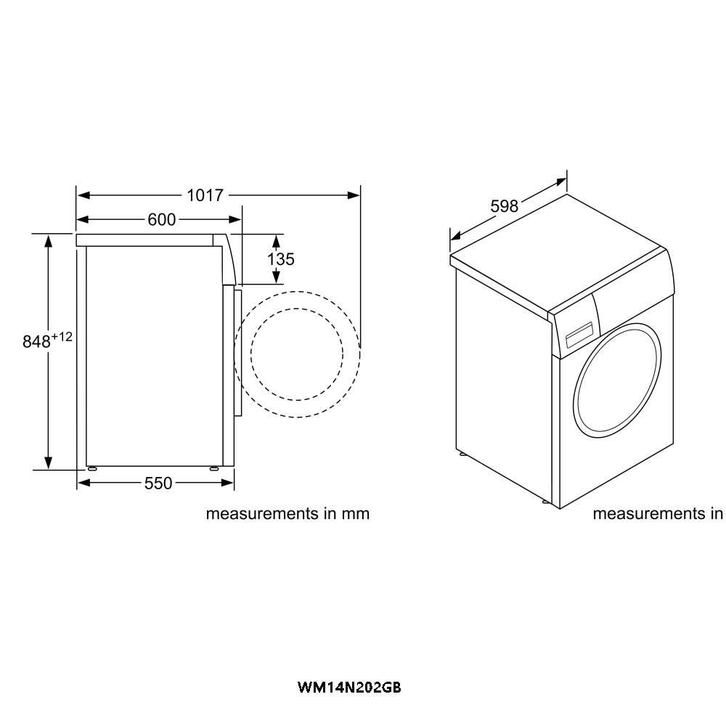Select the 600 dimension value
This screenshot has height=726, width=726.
pos(161,219)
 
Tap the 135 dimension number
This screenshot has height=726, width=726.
pos(280,258)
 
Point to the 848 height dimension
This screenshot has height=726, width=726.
pos(36,342)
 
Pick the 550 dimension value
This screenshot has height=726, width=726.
pos(158,483)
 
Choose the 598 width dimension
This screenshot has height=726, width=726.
pos(504,206)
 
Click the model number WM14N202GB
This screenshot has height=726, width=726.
pos(349,686)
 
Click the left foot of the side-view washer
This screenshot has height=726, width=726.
pos(91,468)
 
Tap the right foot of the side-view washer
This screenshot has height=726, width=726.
pos(213,468)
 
